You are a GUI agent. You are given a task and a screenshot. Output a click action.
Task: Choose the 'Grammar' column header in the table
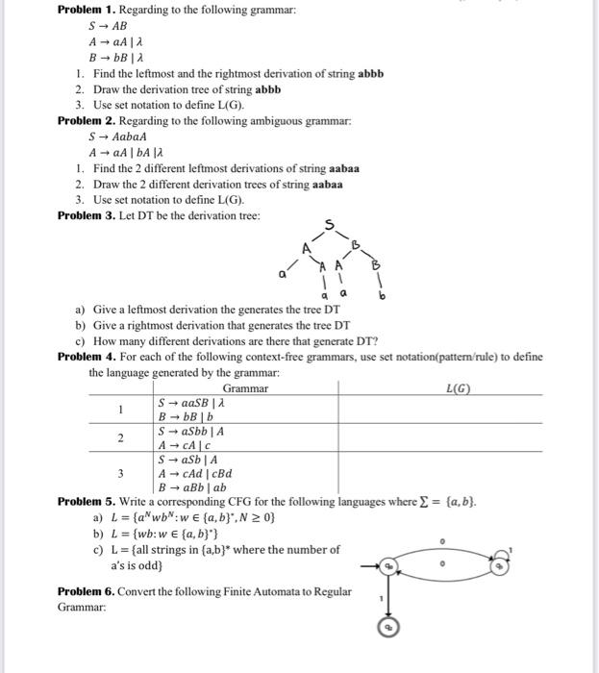point(245,387)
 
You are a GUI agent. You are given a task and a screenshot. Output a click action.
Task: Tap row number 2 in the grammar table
point(121,438)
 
